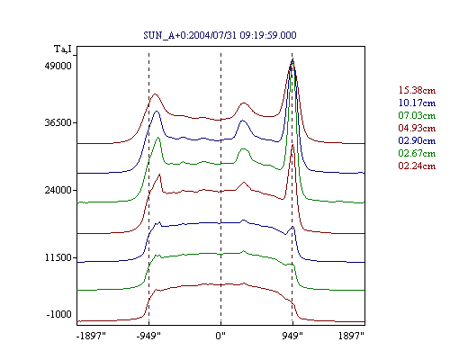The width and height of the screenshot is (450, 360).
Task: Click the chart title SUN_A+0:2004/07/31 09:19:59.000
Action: point(220,35)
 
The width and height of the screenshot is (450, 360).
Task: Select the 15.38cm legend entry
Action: point(417,90)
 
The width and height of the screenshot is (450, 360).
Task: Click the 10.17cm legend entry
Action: point(417,103)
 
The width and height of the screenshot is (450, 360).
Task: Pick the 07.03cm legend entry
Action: point(417,115)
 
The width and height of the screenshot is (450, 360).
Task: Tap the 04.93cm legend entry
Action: point(417,128)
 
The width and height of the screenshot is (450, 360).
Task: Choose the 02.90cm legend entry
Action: point(417,140)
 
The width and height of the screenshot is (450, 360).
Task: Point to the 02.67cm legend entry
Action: point(417,153)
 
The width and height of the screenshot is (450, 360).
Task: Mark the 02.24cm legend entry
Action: point(417,166)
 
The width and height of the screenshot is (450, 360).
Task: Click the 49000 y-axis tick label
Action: point(58,66)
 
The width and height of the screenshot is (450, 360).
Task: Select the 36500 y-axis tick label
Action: point(58,122)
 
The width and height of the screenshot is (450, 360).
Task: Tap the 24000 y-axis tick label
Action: point(58,190)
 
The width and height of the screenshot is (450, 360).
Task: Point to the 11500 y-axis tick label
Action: point(58,257)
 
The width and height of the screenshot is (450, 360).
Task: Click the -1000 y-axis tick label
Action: point(59,314)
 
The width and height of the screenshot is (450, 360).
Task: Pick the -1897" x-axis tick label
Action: point(91,336)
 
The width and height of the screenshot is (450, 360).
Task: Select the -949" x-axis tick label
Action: point(148,336)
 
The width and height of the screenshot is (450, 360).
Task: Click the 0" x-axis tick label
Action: point(220,336)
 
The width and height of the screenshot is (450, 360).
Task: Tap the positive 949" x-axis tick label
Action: point(292,336)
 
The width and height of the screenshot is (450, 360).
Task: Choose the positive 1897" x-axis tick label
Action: point(351,336)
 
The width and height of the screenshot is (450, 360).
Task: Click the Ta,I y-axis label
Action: point(63,49)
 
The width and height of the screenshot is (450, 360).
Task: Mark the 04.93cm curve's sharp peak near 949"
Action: point(292,145)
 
